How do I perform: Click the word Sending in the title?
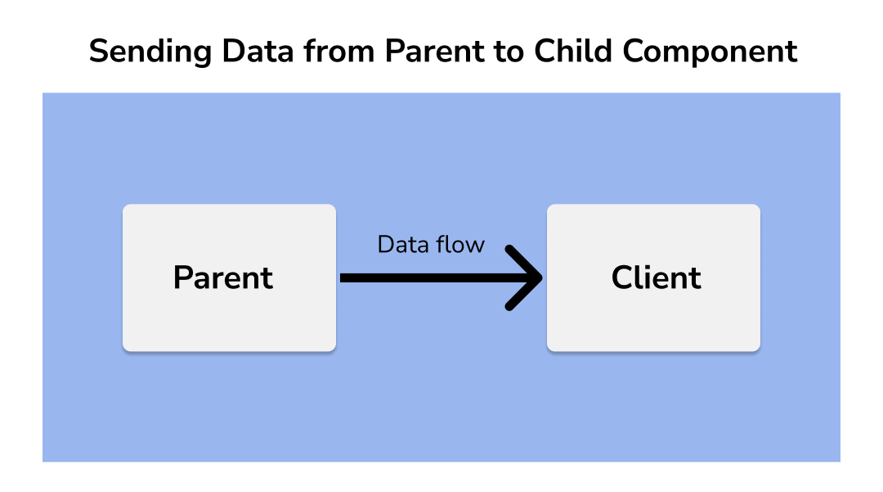(150, 52)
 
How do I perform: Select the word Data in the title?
(258, 52)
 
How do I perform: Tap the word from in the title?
(339, 51)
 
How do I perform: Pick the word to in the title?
(509, 52)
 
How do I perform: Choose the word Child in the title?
(572, 51)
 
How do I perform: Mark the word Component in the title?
(710, 52)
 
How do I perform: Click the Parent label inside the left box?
(223, 278)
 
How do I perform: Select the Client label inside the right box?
(656, 278)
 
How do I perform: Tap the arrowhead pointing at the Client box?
(525, 278)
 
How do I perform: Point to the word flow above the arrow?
(458, 245)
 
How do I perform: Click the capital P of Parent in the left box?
(183, 278)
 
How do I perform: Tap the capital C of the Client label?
(623, 278)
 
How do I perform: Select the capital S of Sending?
(98, 52)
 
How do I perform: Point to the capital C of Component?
(634, 52)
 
